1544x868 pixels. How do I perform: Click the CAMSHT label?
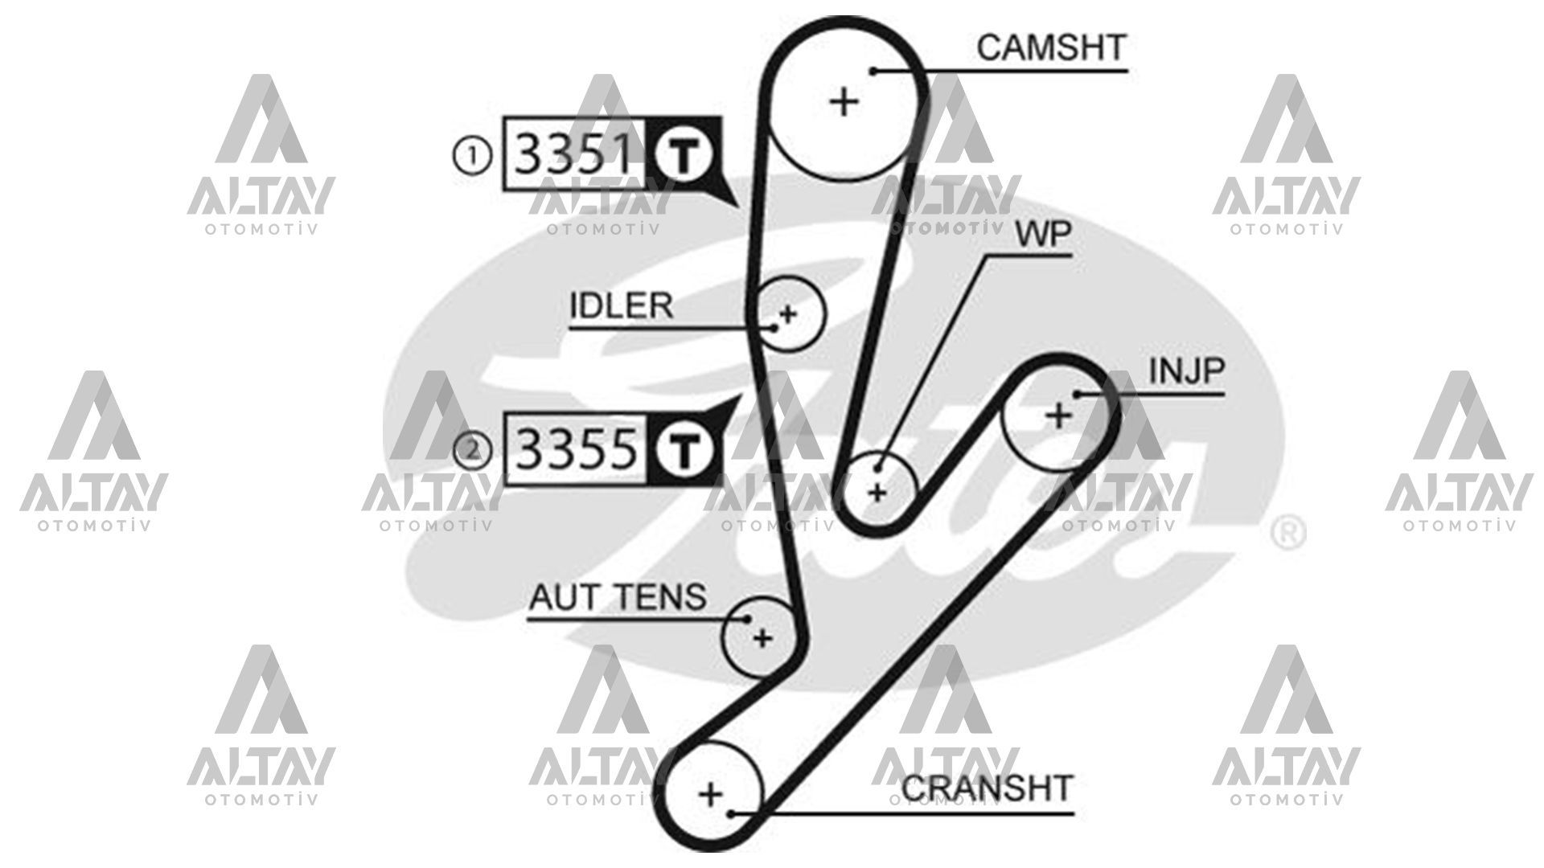point(1051,47)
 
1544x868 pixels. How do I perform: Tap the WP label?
point(1043,235)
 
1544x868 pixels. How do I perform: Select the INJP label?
point(1186,371)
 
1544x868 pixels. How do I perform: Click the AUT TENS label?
point(618,596)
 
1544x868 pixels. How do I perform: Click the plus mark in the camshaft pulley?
point(844,102)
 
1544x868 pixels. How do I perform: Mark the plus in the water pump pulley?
point(877,491)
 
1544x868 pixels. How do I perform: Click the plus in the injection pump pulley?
point(1058,416)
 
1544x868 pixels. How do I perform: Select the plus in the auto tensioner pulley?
point(762,638)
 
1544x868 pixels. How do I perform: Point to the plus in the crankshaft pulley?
point(710,795)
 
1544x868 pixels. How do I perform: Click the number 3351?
point(573,154)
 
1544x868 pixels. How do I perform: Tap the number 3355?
point(575,448)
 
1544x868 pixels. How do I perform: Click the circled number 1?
point(473,154)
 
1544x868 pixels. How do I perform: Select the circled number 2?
point(473,449)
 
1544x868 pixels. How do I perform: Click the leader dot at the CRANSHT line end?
point(731,814)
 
